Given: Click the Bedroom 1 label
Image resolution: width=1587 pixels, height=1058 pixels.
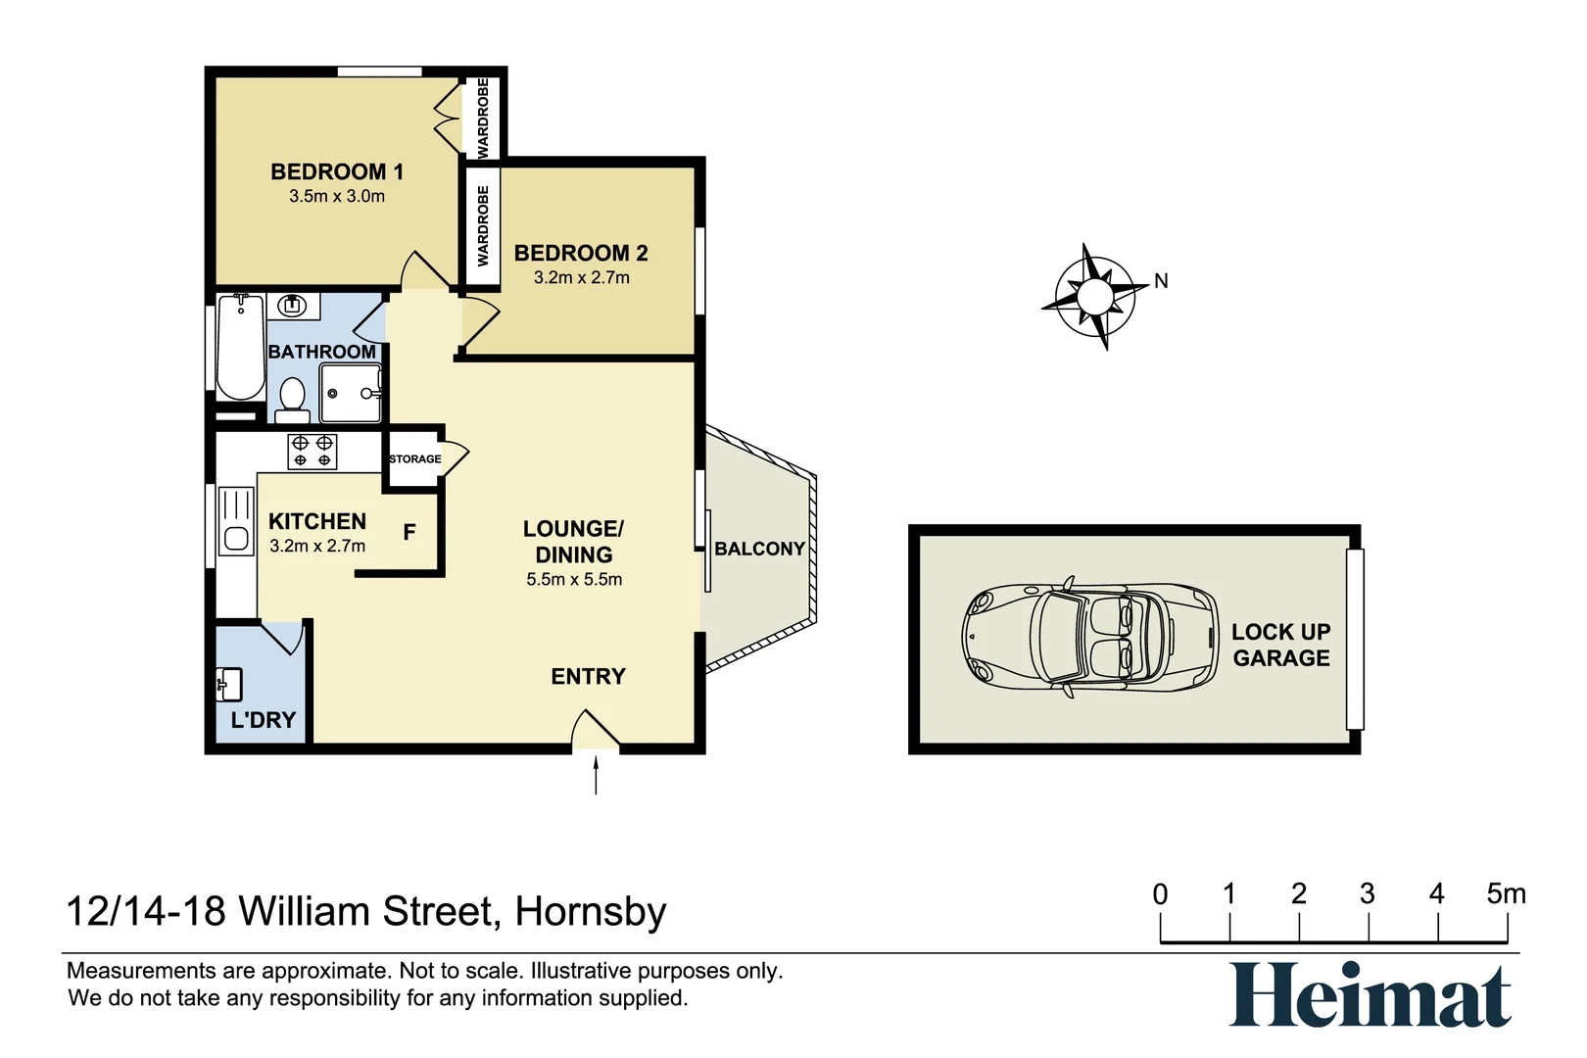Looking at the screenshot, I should (336, 172).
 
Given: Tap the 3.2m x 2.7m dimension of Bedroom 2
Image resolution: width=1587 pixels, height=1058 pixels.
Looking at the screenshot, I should (581, 278).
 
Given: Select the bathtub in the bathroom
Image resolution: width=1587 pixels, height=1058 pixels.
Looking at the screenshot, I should (240, 347).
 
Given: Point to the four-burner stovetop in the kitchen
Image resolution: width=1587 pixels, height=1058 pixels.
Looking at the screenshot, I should (313, 452).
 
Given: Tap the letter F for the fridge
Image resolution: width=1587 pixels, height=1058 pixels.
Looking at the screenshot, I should (409, 532).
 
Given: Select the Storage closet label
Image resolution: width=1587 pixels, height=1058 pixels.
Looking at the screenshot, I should (414, 458).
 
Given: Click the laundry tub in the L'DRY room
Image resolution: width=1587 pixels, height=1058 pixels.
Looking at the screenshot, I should (228, 684).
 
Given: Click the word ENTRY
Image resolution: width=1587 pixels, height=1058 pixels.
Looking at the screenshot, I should (588, 676).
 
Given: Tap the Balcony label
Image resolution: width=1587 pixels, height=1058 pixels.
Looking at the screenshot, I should (759, 549).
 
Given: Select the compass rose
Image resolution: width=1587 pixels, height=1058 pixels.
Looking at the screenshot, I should (1094, 296).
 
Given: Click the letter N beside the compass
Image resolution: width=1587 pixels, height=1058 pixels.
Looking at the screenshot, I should (1161, 281).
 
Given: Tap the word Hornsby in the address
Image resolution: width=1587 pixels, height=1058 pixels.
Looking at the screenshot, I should (591, 912).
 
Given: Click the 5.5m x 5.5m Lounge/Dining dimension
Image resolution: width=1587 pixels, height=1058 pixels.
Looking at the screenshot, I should (574, 580).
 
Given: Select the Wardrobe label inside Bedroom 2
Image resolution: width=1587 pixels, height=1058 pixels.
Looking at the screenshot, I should (483, 226).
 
